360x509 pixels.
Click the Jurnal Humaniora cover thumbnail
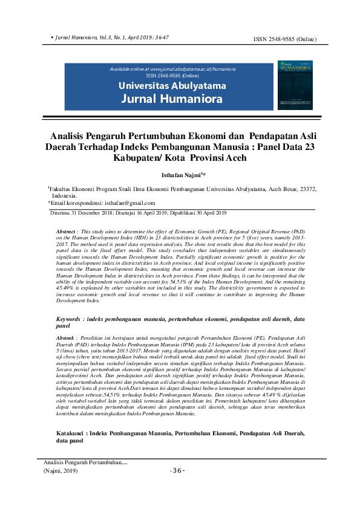point(295,85)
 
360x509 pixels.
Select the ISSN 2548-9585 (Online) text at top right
point(284,40)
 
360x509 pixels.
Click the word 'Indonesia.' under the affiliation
point(64,196)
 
